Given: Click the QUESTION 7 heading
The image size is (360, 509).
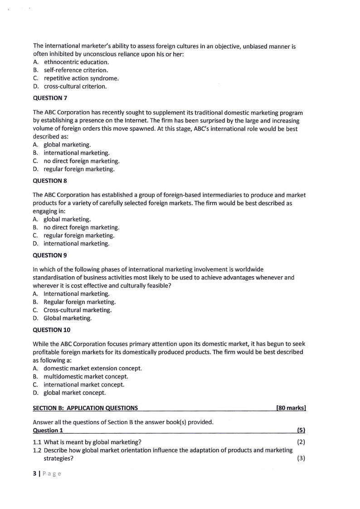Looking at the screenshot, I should click(50, 98).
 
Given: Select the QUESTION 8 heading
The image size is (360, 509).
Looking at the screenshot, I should click(50, 181).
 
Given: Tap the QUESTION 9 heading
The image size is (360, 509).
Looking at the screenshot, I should click(50, 255).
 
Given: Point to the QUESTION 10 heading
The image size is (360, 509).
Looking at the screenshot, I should click(52, 330).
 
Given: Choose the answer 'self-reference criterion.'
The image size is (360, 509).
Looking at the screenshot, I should click(76, 70).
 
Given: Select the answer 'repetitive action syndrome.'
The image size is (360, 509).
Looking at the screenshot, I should click(81, 78).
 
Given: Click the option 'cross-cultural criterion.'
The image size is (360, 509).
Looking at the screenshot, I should click(75, 87).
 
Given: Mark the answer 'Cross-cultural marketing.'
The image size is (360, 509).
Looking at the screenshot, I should click(78, 310).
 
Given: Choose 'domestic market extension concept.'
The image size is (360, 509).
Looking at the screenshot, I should click(92, 368).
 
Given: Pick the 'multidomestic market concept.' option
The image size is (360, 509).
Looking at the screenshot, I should click(86, 377).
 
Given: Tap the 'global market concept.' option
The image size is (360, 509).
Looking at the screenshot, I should click(74, 393).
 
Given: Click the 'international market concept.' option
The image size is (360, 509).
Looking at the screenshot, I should click(84, 385).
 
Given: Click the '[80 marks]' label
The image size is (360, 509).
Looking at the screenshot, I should click(291, 408).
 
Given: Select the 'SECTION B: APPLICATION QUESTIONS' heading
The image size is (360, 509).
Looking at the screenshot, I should click(86, 408).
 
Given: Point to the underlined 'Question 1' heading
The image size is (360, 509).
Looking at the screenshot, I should click(48, 430).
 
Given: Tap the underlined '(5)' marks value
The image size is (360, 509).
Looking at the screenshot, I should click(301, 430).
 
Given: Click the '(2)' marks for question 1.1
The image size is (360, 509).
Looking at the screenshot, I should click(301, 442).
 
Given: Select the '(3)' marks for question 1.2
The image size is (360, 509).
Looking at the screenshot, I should click(301, 458).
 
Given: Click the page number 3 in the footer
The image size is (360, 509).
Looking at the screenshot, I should click(34, 474).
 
